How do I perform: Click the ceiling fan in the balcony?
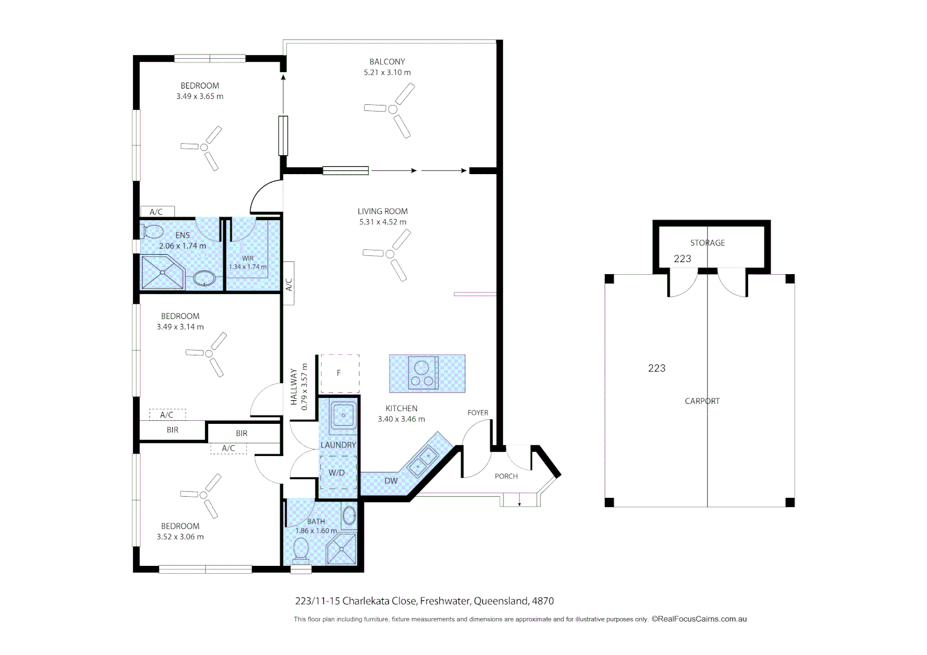393,110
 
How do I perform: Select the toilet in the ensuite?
152,232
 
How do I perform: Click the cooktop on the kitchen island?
423,373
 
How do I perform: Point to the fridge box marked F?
339,373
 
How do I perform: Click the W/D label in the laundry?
337,472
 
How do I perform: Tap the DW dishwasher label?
391,481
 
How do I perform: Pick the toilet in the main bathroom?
301,551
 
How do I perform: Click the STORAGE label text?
707,243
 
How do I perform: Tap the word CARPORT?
702,401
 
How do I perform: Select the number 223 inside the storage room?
683,258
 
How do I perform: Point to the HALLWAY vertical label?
294,386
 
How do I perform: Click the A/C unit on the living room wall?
289,283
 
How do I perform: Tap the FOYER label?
478,412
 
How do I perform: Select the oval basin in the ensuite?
204,279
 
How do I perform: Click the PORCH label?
506,476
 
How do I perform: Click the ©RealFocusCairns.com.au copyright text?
699,619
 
